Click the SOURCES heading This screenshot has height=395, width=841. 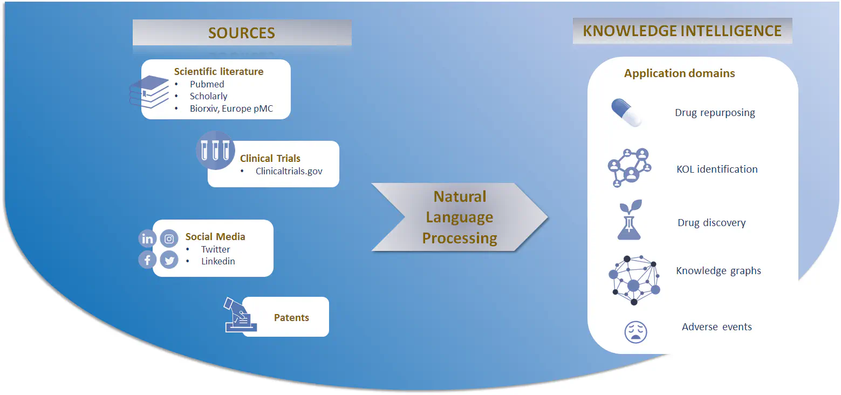(x=242, y=33)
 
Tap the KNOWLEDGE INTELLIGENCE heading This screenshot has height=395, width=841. (x=682, y=31)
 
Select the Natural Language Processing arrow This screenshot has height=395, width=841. (x=459, y=217)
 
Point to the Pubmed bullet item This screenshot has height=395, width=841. (x=207, y=84)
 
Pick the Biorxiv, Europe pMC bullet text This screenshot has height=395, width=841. (x=231, y=108)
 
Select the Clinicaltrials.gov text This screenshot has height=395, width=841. (x=289, y=171)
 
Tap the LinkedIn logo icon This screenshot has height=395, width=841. (x=147, y=239)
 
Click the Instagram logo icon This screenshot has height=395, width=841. (x=169, y=239)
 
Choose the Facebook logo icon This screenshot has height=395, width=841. (x=147, y=260)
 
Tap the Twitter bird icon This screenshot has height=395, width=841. (x=169, y=261)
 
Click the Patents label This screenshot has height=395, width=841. (x=291, y=317)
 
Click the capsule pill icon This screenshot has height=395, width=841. (x=627, y=112)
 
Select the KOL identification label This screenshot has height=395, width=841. (x=717, y=169)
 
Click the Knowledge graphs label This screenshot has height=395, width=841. (x=719, y=270)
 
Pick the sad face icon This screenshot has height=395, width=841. (x=635, y=331)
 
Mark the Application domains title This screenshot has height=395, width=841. (x=679, y=73)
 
